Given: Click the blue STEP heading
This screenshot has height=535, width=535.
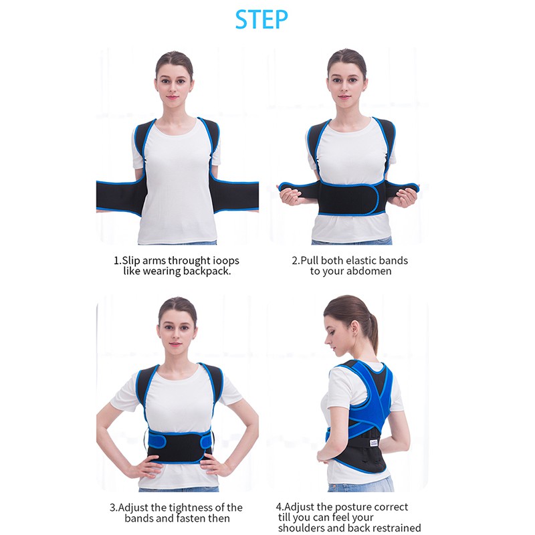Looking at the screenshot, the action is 261,19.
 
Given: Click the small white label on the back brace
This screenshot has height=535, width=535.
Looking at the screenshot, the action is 374,443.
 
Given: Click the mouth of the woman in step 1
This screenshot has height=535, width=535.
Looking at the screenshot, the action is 172,97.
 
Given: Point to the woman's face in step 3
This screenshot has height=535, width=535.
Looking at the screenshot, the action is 176,332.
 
